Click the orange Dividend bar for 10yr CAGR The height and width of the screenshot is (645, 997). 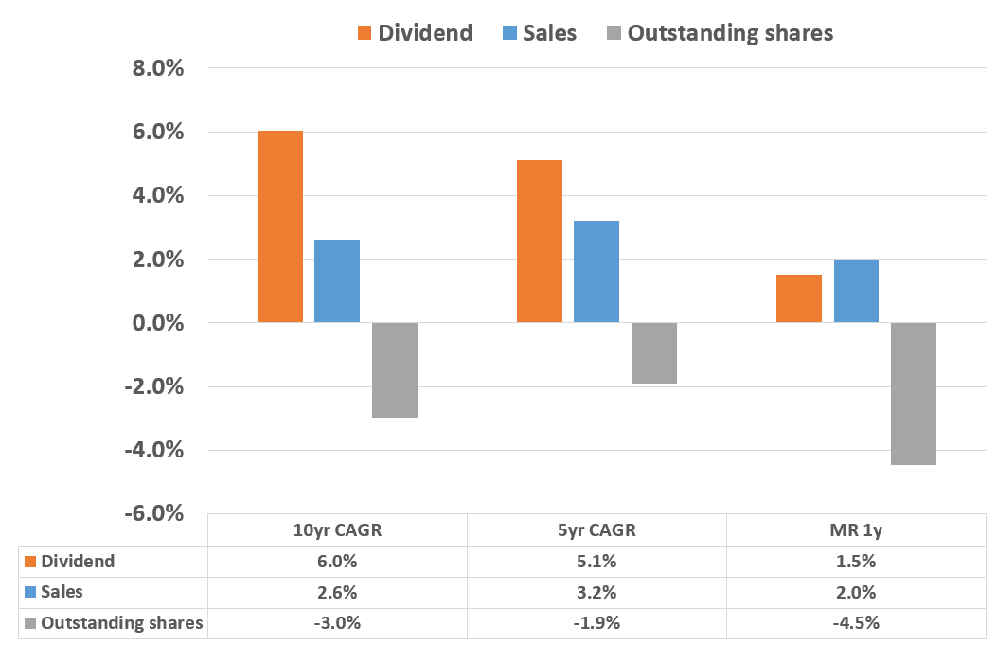coord(280,227)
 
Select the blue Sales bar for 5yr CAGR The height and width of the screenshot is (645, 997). coord(596,272)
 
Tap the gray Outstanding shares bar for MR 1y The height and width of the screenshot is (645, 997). coord(914,393)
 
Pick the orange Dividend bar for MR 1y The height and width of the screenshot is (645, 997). coord(799,298)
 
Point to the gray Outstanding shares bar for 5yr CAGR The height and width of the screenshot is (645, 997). coord(654,352)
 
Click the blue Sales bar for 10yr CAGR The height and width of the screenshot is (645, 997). coord(337,281)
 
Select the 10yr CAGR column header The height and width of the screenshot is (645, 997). coord(337,530)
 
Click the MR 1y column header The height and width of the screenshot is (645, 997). coord(856,530)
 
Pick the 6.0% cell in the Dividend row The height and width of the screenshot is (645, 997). coord(337,562)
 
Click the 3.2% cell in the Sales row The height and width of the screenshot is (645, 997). coord(596,593)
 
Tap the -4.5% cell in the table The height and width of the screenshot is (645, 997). coord(856,623)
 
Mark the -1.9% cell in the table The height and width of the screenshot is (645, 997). coord(596,623)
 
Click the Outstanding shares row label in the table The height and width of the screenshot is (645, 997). coord(121,623)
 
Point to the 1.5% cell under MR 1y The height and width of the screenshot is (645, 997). coord(856,562)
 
